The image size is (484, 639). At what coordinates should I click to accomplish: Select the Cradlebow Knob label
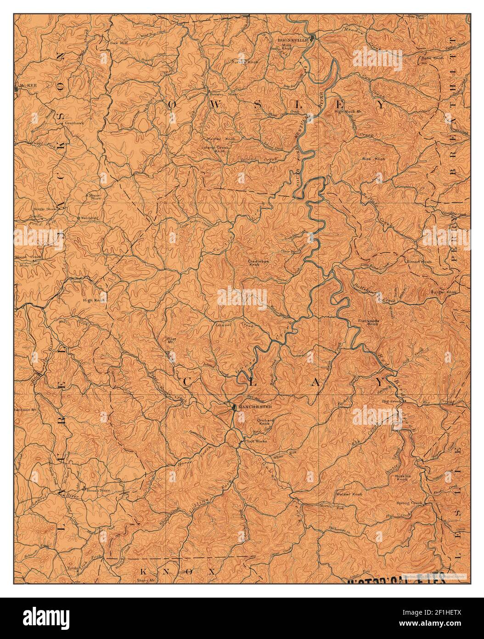(x=255, y=262)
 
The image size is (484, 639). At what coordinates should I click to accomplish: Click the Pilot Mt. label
(x=172, y=341)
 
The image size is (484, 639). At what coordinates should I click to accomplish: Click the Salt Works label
(x=257, y=441)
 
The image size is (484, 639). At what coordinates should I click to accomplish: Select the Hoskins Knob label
(x=402, y=478)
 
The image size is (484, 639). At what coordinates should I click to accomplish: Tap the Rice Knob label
(x=374, y=159)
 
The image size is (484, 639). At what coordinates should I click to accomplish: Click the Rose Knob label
(x=432, y=58)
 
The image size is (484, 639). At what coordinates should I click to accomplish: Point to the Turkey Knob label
(x=245, y=62)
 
